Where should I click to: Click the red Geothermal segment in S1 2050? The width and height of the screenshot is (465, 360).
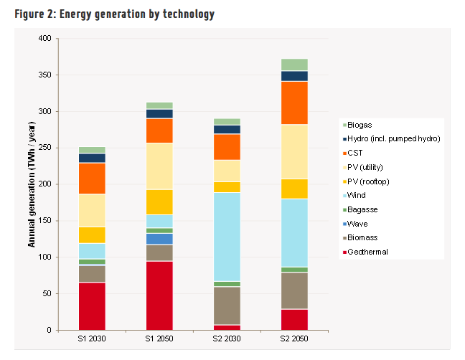coord(159,295)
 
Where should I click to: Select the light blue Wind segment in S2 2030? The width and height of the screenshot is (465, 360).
coord(227,237)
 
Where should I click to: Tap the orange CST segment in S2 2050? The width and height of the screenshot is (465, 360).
coord(294,103)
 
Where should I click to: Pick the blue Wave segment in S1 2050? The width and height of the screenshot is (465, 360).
coord(159,239)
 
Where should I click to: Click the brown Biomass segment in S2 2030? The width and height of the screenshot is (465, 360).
coord(227,305)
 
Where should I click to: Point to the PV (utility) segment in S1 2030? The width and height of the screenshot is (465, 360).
coord(92,210)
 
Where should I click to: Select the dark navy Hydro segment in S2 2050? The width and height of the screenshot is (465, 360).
coord(294,76)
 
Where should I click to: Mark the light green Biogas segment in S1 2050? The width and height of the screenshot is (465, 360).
coord(159,105)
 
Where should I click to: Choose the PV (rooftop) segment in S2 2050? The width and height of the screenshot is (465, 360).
coord(294,189)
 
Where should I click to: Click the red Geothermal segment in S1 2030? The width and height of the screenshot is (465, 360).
coord(92,306)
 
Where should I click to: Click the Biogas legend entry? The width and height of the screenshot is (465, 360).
coord(357,125)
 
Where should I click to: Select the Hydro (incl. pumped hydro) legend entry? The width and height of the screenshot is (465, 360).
coord(392,138)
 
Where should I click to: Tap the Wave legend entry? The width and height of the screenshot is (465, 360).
coord(355,224)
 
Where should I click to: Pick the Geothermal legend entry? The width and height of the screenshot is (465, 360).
coord(365,252)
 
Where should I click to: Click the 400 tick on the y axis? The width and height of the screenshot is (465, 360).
coord(44,38)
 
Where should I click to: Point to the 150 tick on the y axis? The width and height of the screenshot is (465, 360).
coord(44,220)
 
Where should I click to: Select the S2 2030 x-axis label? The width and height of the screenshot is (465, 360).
coord(227,338)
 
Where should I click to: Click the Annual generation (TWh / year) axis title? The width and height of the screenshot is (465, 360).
coord(32,184)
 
